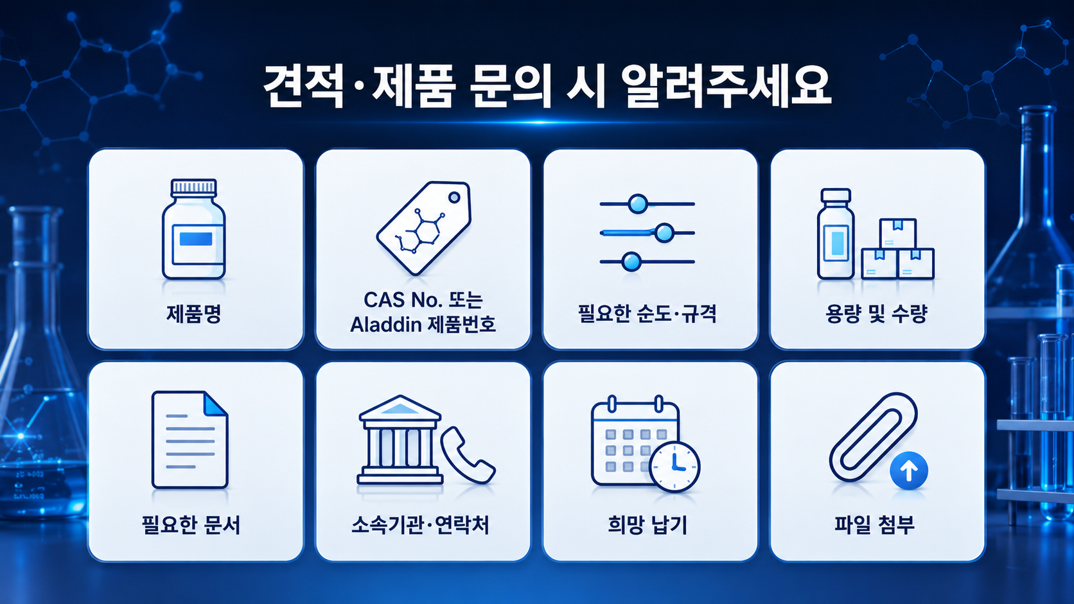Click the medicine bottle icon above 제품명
click(x=194, y=229)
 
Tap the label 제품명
click(x=194, y=314)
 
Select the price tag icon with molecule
click(x=424, y=228)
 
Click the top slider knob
click(x=638, y=204)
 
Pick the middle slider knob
click(x=664, y=233)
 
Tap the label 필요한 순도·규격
click(x=647, y=314)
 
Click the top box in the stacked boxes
click(x=898, y=233)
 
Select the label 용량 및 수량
click(x=876, y=314)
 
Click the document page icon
click(x=190, y=440)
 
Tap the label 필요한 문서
click(x=191, y=524)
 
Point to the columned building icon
click(x=400, y=439)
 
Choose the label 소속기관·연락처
click(x=420, y=524)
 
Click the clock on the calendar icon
click(x=674, y=467)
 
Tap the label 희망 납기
click(x=647, y=524)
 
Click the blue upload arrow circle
click(x=908, y=471)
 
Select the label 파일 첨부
click(x=874, y=524)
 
